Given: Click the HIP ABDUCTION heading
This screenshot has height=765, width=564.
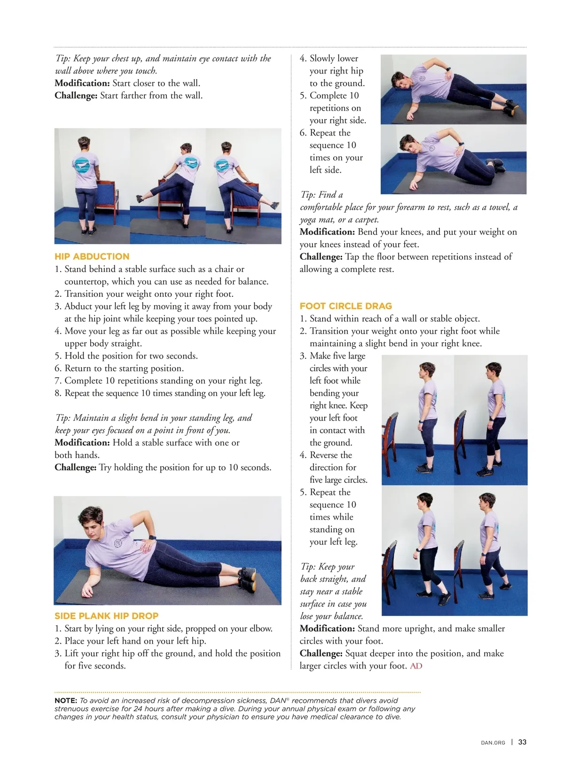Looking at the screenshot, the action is tap(92, 256).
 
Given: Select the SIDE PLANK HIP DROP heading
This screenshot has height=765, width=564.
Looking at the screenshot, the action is tap(107, 616).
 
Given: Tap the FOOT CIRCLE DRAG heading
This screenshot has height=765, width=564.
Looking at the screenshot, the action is tap(345, 306).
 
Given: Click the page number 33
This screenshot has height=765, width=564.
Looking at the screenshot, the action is tap(522, 742).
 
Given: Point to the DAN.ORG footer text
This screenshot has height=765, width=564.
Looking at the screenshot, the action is tap(493, 742).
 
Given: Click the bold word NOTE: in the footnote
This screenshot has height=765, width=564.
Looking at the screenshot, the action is tap(66, 701).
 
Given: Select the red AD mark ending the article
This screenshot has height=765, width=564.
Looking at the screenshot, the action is tap(416, 666).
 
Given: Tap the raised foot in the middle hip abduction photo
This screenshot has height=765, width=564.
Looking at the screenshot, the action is tap(139, 199).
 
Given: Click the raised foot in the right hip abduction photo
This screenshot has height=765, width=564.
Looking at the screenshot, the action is tap(274, 205).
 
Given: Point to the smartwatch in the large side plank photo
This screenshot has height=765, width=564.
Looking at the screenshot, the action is tap(152, 538).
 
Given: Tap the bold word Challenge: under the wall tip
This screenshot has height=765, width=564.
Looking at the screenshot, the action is tap(76, 96).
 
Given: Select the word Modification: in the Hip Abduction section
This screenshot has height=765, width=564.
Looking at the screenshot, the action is tap(82, 443).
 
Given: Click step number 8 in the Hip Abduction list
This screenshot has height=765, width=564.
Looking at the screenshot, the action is tap(58, 393).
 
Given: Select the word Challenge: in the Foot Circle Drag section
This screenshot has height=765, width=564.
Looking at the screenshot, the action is tap(321, 653).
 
